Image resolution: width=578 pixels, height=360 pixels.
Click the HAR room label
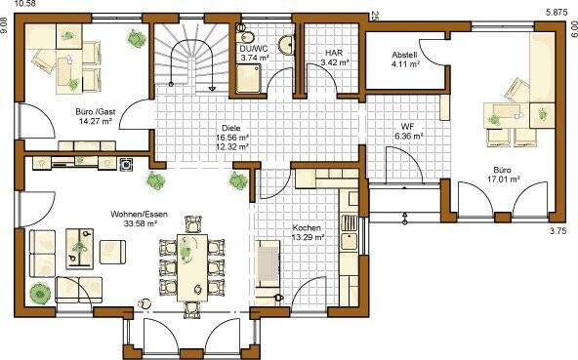tap(333, 55)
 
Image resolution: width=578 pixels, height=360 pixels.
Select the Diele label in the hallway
tap(230, 128)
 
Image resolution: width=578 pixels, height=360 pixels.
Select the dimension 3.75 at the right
tap(557, 230)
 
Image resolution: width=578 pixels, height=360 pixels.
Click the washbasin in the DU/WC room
tap(284, 43)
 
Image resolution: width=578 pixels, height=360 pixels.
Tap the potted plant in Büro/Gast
tap(135, 36)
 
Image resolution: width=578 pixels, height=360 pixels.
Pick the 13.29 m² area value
tap(306, 240)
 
